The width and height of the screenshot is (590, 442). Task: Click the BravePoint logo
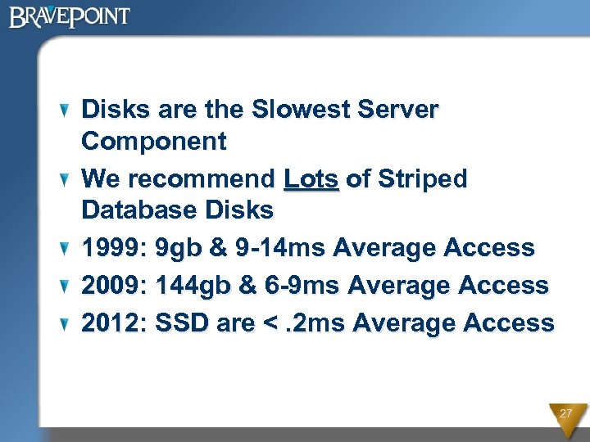70,16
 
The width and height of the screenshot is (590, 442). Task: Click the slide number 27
565,414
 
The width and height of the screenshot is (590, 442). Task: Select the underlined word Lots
311,178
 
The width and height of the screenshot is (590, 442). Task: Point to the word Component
154,142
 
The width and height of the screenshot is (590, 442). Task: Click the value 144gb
190,285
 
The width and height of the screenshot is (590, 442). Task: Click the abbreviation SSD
181,322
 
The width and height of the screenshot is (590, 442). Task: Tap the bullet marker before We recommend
67,179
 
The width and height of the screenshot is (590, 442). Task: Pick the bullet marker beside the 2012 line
67,324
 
